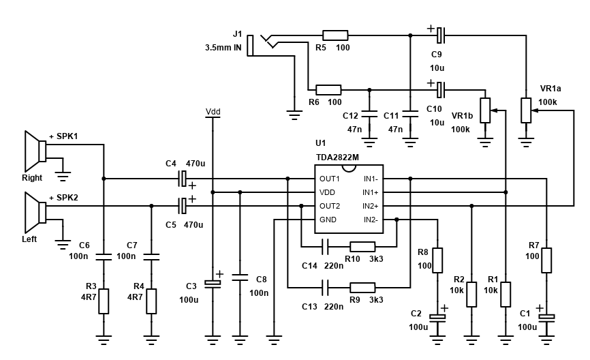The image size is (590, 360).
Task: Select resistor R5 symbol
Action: (x=335, y=35)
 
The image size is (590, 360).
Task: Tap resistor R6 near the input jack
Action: (x=328, y=89)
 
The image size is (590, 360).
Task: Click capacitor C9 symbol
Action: (x=441, y=35)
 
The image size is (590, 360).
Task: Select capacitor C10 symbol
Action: (x=441, y=89)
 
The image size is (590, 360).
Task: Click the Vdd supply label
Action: (x=213, y=112)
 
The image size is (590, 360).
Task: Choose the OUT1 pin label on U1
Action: (x=330, y=179)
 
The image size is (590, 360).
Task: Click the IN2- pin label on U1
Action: (x=371, y=220)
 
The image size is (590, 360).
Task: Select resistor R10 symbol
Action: (x=362, y=246)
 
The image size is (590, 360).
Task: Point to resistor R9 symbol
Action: (x=362, y=287)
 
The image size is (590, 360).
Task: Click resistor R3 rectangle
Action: (x=104, y=301)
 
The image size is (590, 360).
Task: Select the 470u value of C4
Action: (x=196, y=164)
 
